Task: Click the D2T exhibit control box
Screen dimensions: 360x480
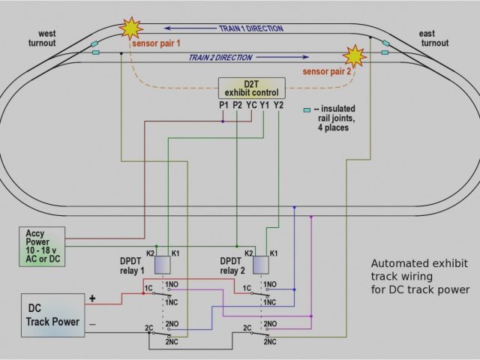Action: pos(252,87)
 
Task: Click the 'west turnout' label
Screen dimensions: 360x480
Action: pos(42,38)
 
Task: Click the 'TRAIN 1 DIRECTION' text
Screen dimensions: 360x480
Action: pos(250,28)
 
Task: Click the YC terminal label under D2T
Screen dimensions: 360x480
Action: pos(251,105)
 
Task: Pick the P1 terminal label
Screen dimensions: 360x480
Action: pos(223,105)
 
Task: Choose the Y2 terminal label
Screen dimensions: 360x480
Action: pos(278,105)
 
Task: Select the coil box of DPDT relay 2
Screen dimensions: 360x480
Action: pos(262,265)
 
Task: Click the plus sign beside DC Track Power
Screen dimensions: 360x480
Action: pos(93,298)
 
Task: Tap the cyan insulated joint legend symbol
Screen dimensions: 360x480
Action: pos(307,109)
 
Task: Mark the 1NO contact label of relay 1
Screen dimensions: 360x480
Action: pos(172,283)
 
